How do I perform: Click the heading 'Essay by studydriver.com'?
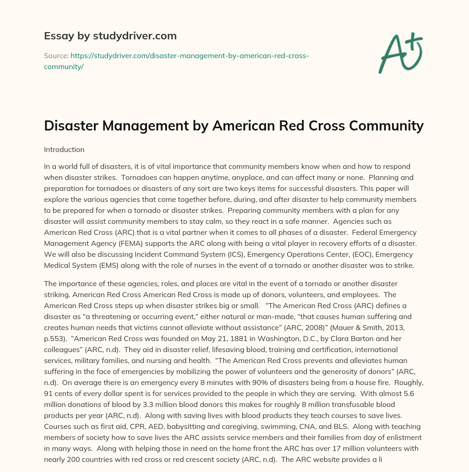110,36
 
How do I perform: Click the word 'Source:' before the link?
56,56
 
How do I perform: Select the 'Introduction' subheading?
64,150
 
